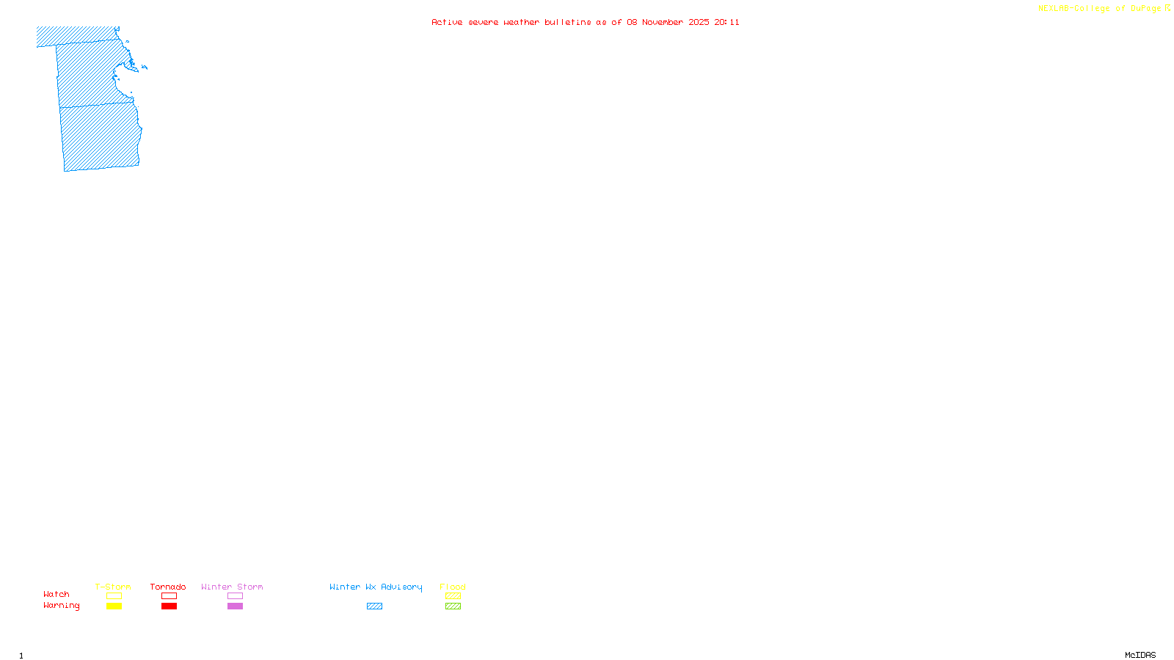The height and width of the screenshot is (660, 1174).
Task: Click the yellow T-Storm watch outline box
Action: tap(114, 596)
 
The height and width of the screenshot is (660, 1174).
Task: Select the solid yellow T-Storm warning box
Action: tap(114, 606)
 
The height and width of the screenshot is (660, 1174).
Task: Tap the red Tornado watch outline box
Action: tap(169, 596)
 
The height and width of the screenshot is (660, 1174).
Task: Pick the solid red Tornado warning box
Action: tap(169, 606)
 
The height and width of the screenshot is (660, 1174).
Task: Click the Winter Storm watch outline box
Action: tap(235, 596)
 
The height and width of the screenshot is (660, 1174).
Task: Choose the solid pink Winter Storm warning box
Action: tap(235, 606)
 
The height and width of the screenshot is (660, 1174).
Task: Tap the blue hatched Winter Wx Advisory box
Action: tap(374, 606)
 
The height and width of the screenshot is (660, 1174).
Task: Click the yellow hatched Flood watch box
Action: tap(453, 596)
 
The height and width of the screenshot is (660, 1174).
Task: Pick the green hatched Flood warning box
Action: tap(453, 606)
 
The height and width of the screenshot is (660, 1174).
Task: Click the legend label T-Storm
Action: tap(113, 587)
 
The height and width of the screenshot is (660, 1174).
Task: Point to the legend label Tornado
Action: tap(168, 587)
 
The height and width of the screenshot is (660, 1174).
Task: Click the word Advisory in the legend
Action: tap(401, 587)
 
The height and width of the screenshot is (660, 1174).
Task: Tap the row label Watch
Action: tap(56, 594)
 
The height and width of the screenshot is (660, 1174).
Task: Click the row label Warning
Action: tap(62, 606)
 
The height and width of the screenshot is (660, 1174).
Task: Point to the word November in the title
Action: tap(663, 22)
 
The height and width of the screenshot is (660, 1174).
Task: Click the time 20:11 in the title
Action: tap(726, 22)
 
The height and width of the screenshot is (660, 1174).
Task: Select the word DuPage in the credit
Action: tap(1145, 8)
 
